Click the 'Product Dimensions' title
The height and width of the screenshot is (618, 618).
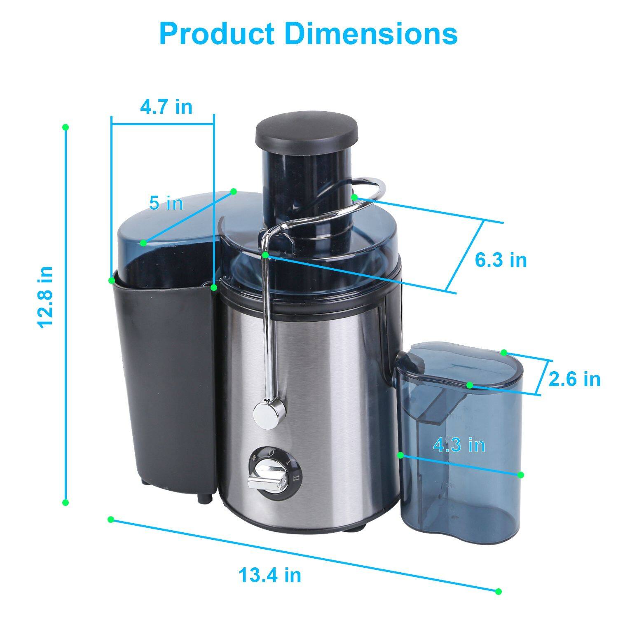tap(308, 34)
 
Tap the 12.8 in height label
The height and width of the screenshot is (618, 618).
tap(46, 297)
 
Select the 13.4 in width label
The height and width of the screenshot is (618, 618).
tap(270, 575)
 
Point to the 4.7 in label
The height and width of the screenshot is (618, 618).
tap(166, 107)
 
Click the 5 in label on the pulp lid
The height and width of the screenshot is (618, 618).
tap(166, 203)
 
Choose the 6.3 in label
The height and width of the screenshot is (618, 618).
tap(501, 260)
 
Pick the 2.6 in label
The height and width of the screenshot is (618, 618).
tap(574, 379)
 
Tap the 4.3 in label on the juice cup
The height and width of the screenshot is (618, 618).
tap(459, 445)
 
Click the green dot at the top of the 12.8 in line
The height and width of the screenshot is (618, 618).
tap(65, 127)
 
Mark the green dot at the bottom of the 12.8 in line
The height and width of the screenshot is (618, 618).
tap(65, 503)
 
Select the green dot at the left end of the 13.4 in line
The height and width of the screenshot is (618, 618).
tap(110, 519)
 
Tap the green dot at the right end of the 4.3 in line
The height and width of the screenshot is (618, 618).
tap(520, 475)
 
